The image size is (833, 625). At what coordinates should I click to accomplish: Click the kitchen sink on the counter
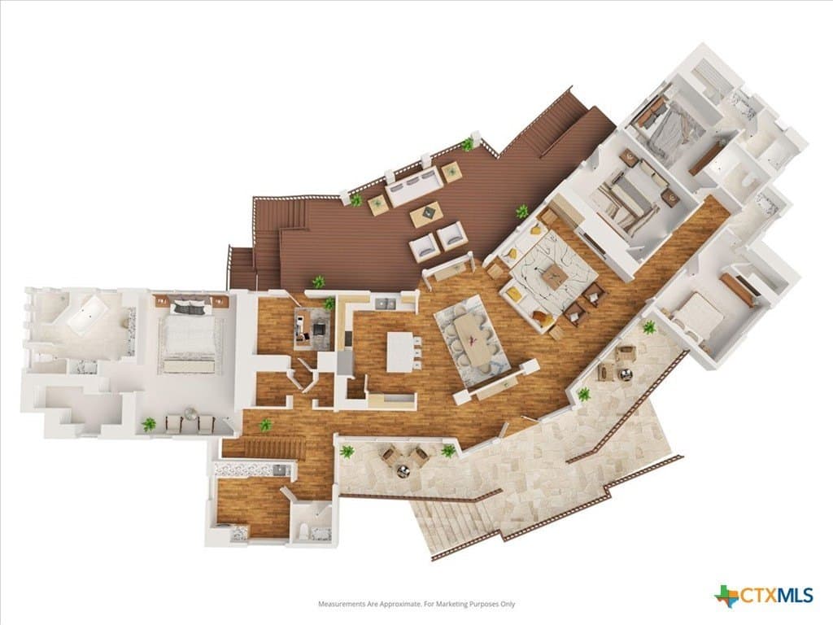pos(385,304)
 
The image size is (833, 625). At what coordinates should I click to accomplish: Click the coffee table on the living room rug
pos(553,277)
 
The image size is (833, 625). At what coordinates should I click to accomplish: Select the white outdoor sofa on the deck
pos(414,184)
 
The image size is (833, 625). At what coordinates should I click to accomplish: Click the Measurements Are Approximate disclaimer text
pos(416,604)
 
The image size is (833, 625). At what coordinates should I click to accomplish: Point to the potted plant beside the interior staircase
pos(265,425)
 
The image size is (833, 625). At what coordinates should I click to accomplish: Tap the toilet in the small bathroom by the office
pos(303,531)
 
